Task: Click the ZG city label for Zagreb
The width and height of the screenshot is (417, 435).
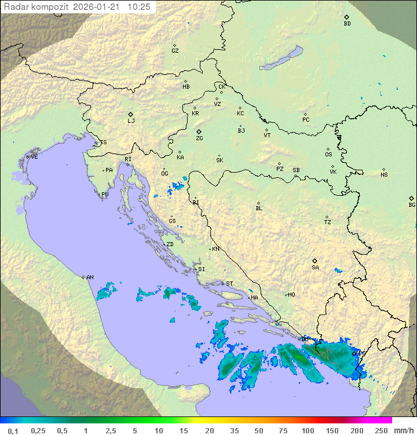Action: click(199, 139)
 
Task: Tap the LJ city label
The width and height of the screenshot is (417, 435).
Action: click(131, 121)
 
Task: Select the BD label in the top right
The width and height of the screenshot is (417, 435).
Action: click(347, 24)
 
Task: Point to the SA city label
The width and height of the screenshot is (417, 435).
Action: click(315, 268)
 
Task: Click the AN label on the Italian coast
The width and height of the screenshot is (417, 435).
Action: click(90, 277)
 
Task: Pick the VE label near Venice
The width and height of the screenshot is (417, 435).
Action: click(34, 157)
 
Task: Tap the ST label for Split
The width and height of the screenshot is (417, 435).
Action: click(229, 284)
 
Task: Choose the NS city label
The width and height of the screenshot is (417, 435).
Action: click(384, 175)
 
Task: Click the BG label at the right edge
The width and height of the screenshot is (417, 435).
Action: click(412, 205)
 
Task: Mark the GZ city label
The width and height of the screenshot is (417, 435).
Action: click(175, 51)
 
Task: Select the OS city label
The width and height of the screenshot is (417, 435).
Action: click(328, 155)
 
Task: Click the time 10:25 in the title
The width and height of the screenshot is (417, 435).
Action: click(139, 7)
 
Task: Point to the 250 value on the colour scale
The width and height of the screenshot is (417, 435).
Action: click(381, 430)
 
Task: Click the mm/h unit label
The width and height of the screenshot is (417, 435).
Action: click(404, 430)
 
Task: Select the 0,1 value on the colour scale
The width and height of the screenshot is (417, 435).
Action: click(13, 430)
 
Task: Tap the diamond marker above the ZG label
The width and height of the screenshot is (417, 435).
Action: click(199, 132)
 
